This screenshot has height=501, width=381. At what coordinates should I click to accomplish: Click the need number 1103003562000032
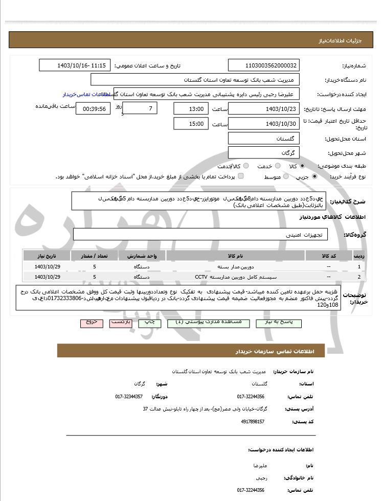263,65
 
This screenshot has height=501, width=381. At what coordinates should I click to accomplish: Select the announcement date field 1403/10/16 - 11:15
75,65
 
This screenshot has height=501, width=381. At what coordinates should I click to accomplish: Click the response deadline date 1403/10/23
263,109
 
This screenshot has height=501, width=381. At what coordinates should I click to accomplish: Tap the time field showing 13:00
191,109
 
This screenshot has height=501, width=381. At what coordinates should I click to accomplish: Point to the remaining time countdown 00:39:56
93,109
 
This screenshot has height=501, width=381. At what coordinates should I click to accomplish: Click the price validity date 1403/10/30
263,124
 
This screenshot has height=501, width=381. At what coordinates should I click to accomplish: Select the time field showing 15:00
191,124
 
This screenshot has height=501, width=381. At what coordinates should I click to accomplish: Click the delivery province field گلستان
263,139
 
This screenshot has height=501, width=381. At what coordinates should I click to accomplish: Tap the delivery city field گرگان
263,153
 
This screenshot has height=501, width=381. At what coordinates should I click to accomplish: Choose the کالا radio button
302,166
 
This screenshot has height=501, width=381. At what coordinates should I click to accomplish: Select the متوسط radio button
285,176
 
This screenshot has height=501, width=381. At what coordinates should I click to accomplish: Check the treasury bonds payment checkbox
241,176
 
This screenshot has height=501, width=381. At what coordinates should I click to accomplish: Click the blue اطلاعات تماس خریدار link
84,95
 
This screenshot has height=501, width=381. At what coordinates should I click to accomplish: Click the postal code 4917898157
253,422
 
